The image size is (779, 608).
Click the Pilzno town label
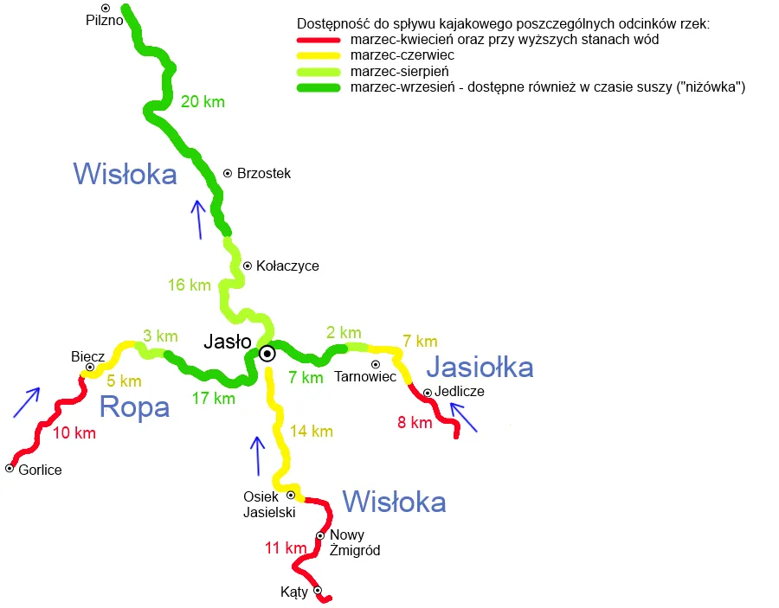click(101, 19)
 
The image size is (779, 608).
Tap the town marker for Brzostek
click(228, 174)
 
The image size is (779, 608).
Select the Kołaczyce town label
click(287, 266)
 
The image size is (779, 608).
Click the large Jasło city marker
click(267, 353)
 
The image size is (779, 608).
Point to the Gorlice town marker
click(10, 468)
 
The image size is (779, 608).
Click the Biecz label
click(87, 356)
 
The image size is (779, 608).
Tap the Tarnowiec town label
click(364, 377)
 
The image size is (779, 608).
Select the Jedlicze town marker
click(427, 393)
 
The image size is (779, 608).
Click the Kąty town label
click(294, 592)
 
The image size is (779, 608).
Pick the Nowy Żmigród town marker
click(319, 536)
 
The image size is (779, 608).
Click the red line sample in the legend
click(319, 41)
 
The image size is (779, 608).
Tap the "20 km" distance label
click(203, 102)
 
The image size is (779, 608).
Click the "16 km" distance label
click(189, 285)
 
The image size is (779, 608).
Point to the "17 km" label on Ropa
click(213, 399)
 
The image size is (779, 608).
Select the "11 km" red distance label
click(286, 547)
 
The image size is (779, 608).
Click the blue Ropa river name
click(134, 406)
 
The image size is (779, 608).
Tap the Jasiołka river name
click(480, 368)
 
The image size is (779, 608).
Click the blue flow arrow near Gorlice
click(26, 402)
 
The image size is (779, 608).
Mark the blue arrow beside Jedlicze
click(464, 419)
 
